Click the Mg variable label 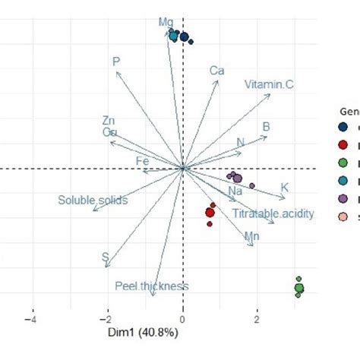(166, 23)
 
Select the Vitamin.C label (269, 85)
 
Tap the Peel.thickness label (151, 286)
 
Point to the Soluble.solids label (92, 201)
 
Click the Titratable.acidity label (273, 214)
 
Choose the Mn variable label (253, 238)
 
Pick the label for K (285, 188)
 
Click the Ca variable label (217, 71)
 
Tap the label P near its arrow (116, 62)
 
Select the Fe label (142, 161)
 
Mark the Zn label (109, 121)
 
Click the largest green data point (298, 288)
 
